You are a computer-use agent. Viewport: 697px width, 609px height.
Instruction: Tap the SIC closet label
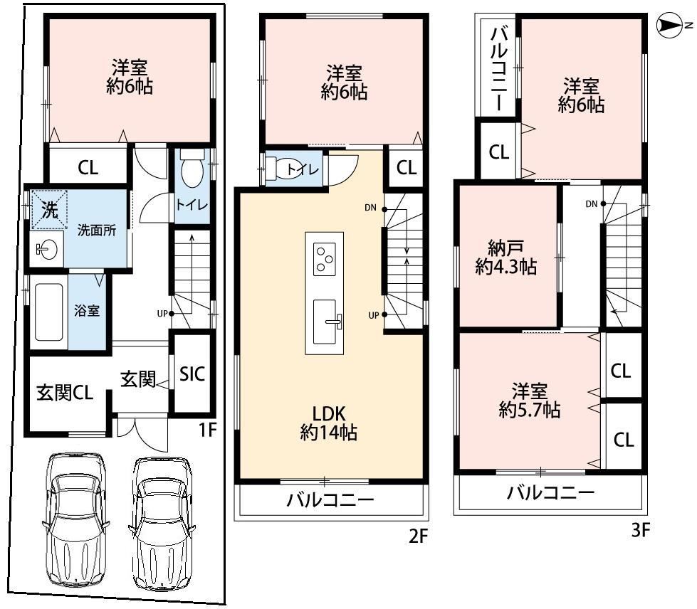click(x=192, y=374)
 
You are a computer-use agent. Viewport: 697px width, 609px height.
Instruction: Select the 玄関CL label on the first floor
click(x=65, y=393)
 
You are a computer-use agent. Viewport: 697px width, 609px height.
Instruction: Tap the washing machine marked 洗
click(x=49, y=210)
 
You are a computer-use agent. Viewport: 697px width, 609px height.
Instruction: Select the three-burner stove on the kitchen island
click(x=324, y=259)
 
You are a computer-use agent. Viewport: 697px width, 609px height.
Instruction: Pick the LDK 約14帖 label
click(x=328, y=423)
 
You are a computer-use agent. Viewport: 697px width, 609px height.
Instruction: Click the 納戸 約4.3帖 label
click(x=506, y=258)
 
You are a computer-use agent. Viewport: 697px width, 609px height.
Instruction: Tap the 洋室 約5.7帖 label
click(x=530, y=401)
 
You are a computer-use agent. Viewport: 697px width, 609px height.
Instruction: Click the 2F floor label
click(x=418, y=536)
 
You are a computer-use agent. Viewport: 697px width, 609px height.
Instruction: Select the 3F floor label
click(x=641, y=529)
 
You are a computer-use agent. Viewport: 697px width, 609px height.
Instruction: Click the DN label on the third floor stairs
click(x=591, y=204)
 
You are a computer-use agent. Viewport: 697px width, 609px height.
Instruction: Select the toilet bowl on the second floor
click(x=287, y=169)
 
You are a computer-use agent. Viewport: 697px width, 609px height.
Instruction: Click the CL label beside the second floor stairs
click(x=407, y=168)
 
